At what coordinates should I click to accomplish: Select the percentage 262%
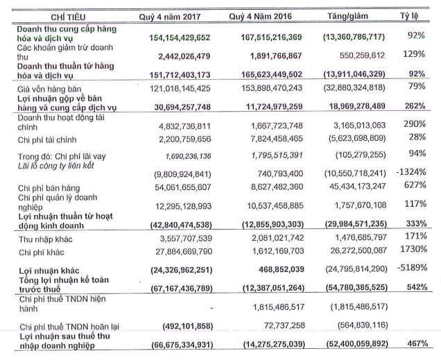416,106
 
